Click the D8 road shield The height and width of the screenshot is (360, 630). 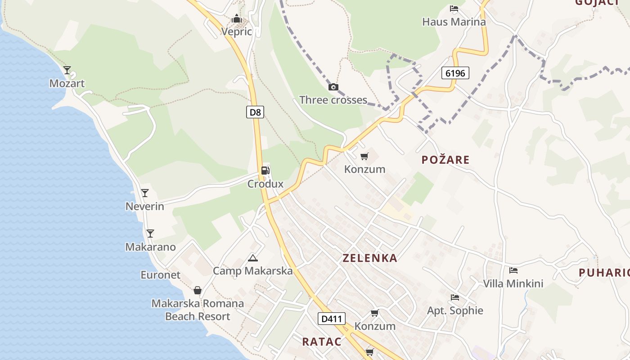click(255, 112)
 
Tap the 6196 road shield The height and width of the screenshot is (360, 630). click(455, 72)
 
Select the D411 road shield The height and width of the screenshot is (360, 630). click(332, 319)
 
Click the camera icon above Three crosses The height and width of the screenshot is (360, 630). click(333, 87)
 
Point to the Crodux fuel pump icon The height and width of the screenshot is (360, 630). click(265, 171)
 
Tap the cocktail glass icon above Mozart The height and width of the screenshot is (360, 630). click(67, 70)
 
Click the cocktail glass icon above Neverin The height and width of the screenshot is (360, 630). click(145, 193)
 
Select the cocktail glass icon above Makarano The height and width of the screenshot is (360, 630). click(150, 234)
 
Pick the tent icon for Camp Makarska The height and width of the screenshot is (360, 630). click(253, 258)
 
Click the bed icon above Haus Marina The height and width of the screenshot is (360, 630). click(454, 9)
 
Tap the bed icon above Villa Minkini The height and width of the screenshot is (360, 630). click(513, 270)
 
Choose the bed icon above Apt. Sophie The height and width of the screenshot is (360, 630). click(455, 297)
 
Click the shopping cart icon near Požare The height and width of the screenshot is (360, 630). click(364, 157)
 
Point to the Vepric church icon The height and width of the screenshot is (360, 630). click(237, 19)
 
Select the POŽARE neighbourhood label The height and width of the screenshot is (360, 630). click(445, 160)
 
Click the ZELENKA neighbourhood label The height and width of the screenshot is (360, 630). click(370, 258)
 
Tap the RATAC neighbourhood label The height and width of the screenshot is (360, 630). click(322, 342)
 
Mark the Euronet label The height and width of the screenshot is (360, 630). click(161, 275)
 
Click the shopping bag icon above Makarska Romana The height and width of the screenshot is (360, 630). click(198, 291)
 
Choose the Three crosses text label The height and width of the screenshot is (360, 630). click(333, 100)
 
